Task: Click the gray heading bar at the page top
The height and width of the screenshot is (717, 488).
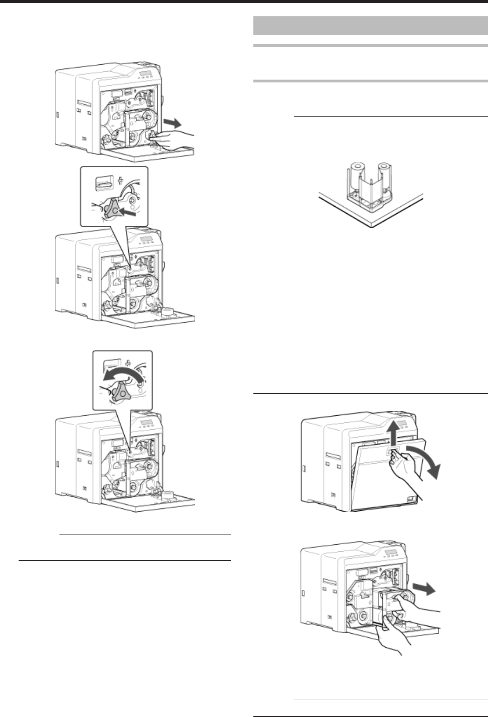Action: (x=370, y=26)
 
